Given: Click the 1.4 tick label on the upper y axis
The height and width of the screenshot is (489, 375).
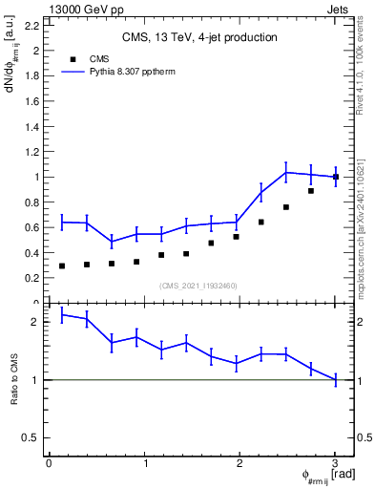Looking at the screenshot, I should [35, 126].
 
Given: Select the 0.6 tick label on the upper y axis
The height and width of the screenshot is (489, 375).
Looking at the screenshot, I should [35, 227].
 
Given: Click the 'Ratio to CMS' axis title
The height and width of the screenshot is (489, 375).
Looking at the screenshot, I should [14, 393].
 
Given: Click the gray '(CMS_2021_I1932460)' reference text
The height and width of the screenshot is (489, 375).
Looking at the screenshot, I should [198, 285].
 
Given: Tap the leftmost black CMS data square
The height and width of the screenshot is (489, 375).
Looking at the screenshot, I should [62, 266].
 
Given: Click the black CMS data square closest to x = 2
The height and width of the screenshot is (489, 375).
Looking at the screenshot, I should [236, 236].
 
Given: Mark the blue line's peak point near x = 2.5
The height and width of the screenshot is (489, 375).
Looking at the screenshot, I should [286, 172].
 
